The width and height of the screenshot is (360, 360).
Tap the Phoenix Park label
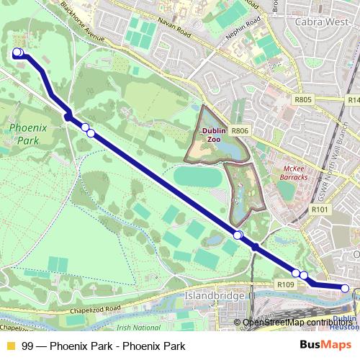coord(24,135)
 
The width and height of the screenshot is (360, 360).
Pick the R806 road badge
coord(240,131)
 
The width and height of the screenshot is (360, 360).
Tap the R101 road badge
coord(320,210)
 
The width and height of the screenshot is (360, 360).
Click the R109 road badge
coord(286,285)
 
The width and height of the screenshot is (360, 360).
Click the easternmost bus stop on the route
coord(346,289)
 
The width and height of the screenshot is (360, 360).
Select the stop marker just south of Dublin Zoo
coord(238,235)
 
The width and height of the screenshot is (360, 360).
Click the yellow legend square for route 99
coord(10,346)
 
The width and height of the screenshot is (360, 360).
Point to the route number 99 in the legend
coord(27,346)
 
